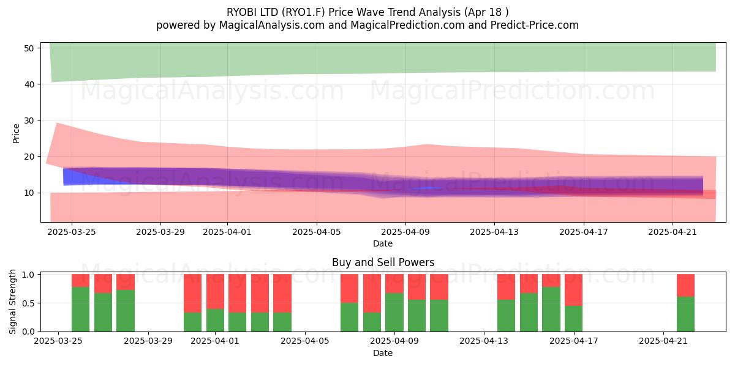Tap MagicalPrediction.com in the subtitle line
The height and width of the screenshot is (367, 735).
tap(407, 25)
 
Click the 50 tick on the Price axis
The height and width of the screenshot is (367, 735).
tap(29, 48)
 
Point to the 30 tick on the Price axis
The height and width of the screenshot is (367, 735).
tap(29, 120)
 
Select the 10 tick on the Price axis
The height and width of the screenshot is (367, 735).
tap(29, 193)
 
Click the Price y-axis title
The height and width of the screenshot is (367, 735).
tap(16, 133)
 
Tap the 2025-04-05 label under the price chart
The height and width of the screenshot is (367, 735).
tap(316, 232)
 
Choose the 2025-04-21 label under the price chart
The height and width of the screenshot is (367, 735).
tap(673, 232)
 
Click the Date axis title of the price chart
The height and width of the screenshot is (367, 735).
tap(383, 243)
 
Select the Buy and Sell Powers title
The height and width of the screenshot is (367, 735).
tap(383, 262)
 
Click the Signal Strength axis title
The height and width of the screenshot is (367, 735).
tap(12, 302)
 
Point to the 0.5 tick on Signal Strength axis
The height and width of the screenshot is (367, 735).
tap(28, 303)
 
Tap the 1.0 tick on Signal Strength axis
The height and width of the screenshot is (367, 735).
tap(28, 275)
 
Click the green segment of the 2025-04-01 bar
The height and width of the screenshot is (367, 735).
tap(215, 320)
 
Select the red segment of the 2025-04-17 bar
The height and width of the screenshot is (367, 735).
tap(573, 290)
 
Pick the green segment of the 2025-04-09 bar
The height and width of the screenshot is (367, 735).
tap(394, 312)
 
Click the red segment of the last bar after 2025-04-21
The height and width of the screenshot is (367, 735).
tap(686, 286)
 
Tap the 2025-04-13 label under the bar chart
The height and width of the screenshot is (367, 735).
tap(484, 341)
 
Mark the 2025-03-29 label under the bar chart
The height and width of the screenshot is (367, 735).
tap(148, 341)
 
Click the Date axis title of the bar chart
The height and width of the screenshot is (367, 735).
tap(383, 353)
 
